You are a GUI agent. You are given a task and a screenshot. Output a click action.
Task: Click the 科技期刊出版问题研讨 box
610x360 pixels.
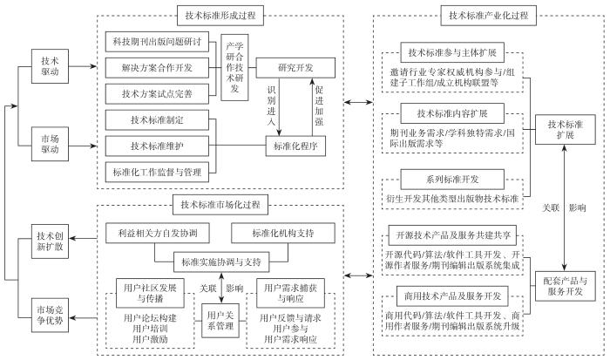click(159, 42)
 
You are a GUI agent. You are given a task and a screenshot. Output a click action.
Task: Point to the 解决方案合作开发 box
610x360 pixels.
click(159, 65)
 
